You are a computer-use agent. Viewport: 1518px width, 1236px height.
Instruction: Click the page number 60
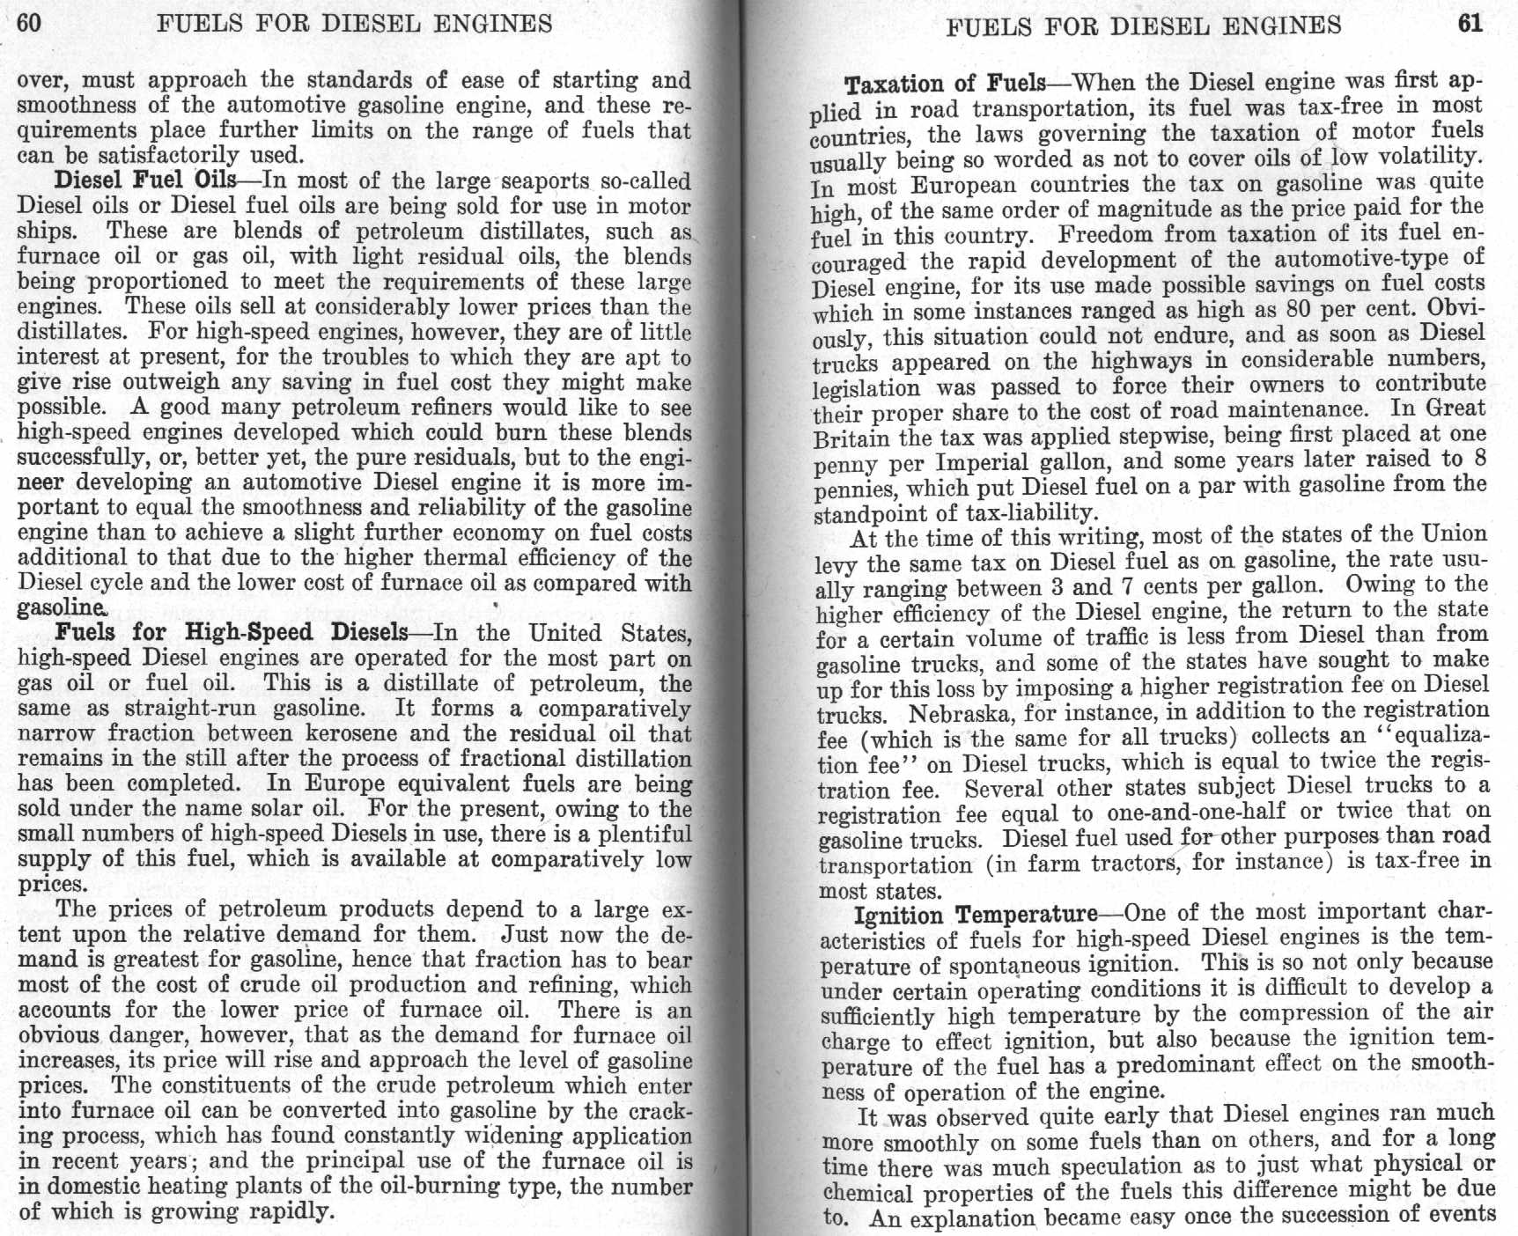click(29, 23)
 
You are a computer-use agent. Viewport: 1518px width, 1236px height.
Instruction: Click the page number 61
click(1470, 23)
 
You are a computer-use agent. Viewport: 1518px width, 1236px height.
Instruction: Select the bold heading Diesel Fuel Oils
click(145, 180)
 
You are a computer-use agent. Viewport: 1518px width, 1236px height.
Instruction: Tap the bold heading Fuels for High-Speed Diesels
click(232, 633)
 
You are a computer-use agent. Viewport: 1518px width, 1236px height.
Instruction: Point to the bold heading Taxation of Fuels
click(945, 85)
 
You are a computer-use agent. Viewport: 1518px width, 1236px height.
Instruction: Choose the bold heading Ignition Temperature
click(976, 916)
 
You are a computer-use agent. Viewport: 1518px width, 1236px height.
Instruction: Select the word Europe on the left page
click(348, 784)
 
